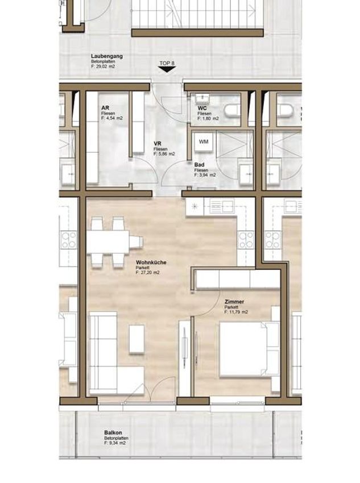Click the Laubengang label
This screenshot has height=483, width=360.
coord(107,56)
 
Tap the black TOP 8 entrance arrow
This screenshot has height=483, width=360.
coord(167,70)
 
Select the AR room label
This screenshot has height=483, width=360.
coord(105,108)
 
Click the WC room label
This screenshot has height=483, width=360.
coord(202,108)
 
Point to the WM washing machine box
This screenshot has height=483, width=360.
coord(204,141)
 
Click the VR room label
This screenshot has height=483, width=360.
coord(158,144)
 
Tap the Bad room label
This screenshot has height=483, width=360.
coord(199,165)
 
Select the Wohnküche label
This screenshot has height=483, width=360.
coord(151,263)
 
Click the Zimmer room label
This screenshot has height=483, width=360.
coord(234,302)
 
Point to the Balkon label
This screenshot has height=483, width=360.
coord(113,433)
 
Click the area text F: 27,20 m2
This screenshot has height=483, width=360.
coord(148,273)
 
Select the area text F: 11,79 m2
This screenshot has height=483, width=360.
coord(236,312)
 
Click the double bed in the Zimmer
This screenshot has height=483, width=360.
coord(249,349)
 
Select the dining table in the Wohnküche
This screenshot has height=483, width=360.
coord(108,242)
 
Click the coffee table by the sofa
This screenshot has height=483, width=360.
coord(136,339)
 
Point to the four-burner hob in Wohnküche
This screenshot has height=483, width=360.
coord(246,240)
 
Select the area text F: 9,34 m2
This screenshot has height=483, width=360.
coord(115,443)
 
